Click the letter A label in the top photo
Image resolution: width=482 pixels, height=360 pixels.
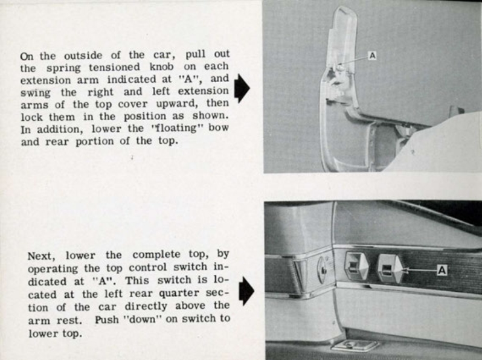[372, 56]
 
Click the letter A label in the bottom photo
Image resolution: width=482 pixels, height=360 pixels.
[442, 270]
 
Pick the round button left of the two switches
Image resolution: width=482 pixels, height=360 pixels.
[322, 269]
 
